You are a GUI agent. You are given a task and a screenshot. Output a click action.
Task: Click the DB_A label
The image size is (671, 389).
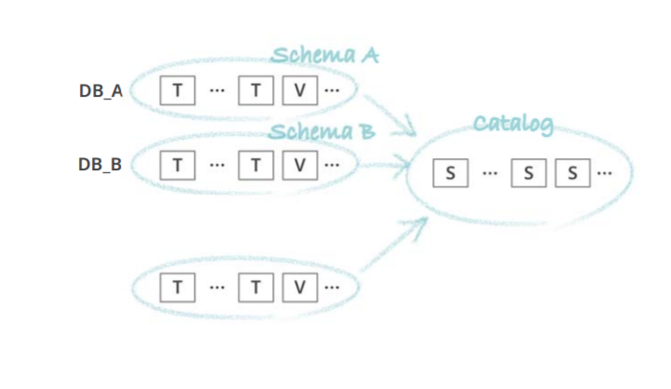[99, 91]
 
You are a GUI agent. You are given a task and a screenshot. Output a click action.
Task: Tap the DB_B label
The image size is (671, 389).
[99, 165]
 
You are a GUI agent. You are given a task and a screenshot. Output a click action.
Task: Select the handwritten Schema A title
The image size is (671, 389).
[325, 55]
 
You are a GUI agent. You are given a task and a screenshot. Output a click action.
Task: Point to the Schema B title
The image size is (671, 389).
[322, 130]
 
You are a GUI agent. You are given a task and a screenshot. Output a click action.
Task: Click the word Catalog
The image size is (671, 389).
[514, 123]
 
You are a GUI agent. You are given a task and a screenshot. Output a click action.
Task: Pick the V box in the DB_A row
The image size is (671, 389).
[299, 91]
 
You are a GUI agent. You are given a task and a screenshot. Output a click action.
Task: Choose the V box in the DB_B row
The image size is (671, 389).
[299, 165]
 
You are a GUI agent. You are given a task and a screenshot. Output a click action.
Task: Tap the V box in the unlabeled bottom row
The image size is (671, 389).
[299, 287]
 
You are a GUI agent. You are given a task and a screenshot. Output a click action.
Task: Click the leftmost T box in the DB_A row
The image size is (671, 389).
[177, 91]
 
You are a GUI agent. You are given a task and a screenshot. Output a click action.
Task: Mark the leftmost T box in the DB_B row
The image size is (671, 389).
[177, 165]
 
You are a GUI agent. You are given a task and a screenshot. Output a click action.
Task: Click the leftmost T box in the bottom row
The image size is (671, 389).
[177, 287]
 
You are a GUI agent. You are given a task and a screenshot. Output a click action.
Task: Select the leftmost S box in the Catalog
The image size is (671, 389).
[451, 173]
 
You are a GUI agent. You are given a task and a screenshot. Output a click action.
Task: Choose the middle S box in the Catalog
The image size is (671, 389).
[528, 173]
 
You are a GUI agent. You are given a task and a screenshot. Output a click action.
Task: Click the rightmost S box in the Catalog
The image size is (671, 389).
[572, 173]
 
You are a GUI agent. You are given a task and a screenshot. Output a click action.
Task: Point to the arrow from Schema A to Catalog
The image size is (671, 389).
[390, 114]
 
